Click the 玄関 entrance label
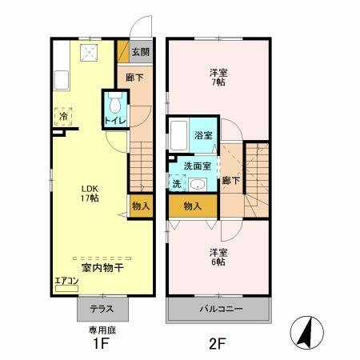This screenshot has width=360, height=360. (x=139, y=52)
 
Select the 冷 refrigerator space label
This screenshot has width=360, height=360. (x=62, y=115)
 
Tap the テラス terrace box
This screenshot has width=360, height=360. (x=102, y=309)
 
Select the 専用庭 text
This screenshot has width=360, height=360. (x=102, y=329)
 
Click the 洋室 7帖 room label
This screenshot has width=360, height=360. (x=218, y=75)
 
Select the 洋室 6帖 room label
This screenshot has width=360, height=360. (x=218, y=258)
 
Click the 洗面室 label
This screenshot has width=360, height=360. (x=197, y=166)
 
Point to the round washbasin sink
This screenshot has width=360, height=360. (x=197, y=184)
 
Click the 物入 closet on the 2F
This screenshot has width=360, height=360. (x=192, y=206)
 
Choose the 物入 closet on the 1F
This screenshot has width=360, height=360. (x=140, y=206)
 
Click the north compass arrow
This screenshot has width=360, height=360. (x=306, y=330)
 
